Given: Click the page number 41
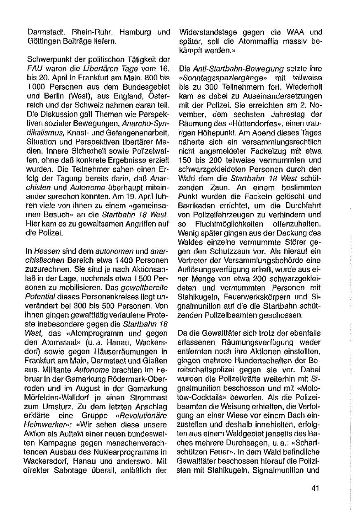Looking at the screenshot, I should [x=316, y=488].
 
